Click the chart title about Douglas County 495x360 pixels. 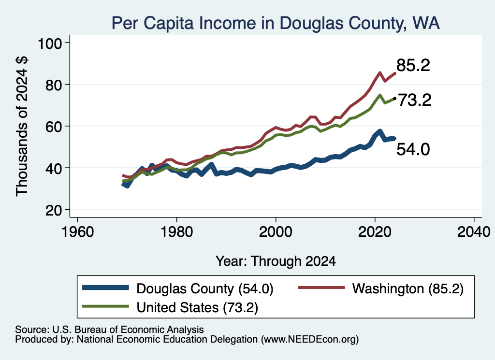276,23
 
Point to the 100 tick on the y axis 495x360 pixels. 50,43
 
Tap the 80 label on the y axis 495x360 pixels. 54,85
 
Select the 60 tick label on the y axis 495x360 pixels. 54,126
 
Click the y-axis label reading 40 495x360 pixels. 54,168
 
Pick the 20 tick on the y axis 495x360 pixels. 54,210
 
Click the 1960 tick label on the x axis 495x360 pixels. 78,232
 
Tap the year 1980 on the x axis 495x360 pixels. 177,232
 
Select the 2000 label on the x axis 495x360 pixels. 276,232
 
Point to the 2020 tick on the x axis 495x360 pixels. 375,232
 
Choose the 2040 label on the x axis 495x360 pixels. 474,232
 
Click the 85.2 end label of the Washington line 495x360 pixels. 413,65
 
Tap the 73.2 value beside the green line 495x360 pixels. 414,101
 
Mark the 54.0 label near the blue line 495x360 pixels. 413,149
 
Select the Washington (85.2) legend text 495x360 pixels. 408,288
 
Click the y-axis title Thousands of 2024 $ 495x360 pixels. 22,126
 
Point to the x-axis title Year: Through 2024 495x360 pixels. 276,261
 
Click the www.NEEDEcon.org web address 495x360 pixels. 310,340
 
